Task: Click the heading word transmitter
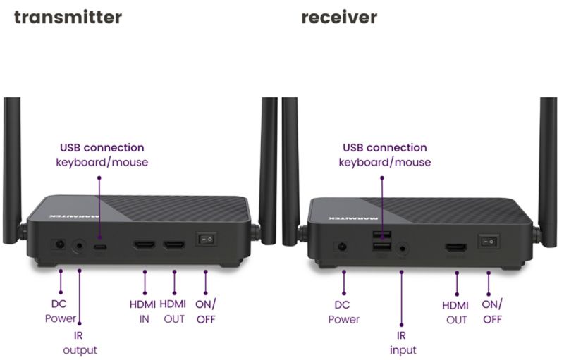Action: (x=68, y=17)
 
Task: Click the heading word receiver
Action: (x=339, y=17)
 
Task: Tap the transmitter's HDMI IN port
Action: (x=145, y=245)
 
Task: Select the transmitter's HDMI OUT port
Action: (x=174, y=245)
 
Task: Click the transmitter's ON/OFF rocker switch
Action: (x=206, y=239)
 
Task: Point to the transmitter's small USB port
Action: (x=100, y=247)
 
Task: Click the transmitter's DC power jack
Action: (x=59, y=245)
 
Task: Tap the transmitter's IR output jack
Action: (x=79, y=247)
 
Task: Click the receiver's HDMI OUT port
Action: (x=456, y=247)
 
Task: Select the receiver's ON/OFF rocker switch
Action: (x=489, y=242)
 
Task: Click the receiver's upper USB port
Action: (x=381, y=236)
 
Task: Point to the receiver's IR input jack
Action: (x=403, y=248)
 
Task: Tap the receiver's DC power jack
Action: (x=342, y=247)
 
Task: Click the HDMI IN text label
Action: (x=143, y=311)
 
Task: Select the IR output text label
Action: (x=80, y=343)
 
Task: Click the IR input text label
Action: (x=403, y=343)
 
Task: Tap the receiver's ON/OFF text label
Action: (x=491, y=312)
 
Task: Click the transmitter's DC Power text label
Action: (x=60, y=311)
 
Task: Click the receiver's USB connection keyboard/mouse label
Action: (x=384, y=155)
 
